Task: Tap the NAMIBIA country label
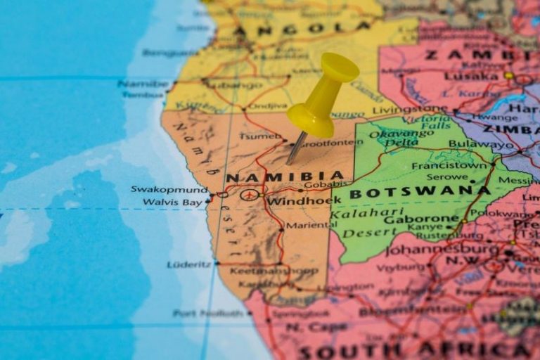click(285, 177)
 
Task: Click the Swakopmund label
click(169, 189)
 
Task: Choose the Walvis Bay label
click(172, 202)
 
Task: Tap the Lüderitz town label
click(189, 264)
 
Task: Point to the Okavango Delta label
click(401, 139)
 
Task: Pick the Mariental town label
click(307, 226)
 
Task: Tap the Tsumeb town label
click(261, 136)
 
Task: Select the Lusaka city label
click(471, 75)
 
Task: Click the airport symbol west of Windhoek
click(250, 194)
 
